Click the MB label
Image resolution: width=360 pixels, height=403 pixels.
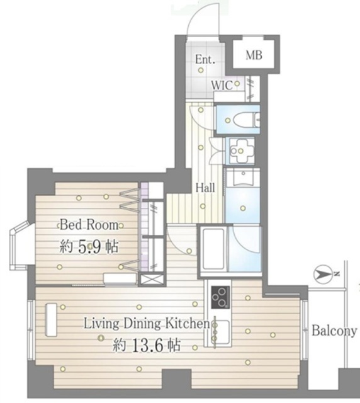point(254,55)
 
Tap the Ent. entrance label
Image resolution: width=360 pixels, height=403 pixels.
point(205,59)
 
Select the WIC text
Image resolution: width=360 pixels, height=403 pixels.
point(222,86)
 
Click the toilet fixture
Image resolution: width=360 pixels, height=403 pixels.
point(246,120)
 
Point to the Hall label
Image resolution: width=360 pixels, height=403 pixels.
point(205,188)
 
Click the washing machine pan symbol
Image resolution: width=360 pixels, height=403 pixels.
point(240,151)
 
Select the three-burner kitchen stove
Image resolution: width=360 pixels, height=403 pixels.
point(220,297)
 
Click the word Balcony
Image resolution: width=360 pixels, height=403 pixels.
point(334,331)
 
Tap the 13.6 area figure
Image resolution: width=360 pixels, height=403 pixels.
point(148,345)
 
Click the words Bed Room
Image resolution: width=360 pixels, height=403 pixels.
point(89,225)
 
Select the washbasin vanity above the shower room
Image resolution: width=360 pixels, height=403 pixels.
point(243,178)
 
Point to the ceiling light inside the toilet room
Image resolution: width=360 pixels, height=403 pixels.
point(228,120)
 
